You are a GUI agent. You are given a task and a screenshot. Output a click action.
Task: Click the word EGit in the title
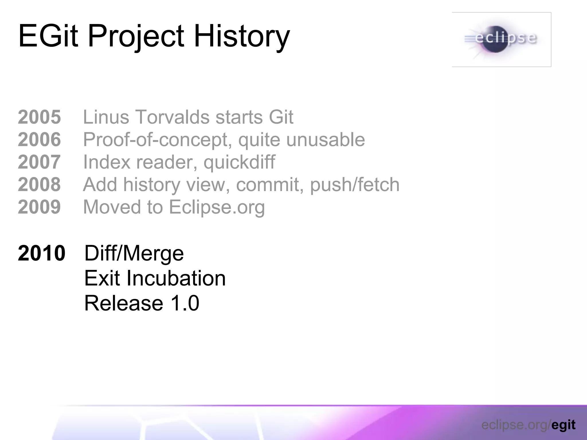pos(48,36)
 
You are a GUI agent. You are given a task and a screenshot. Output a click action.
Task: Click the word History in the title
pos(242,36)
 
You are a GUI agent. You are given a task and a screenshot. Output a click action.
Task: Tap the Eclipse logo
pos(501,40)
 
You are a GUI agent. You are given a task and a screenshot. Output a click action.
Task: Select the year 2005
pos(39,117)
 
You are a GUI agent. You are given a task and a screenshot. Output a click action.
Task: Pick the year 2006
pos(39,140)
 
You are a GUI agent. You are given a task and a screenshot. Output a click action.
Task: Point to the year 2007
pos(39,162)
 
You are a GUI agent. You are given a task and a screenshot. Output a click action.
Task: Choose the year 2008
pos(39,184)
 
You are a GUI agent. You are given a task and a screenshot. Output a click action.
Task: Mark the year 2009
pos(39,207)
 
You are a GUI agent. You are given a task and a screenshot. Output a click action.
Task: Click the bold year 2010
pos(42,253)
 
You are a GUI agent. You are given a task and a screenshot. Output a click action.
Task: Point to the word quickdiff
pos(239,162)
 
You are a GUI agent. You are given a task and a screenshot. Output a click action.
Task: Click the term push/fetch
pos(355,185)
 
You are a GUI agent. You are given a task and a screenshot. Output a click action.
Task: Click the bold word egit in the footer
pos(563,425)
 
